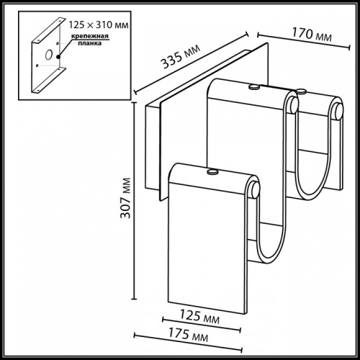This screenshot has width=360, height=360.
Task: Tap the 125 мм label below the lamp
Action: [200, 316]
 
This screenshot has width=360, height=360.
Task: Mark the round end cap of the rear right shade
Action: [337, 111]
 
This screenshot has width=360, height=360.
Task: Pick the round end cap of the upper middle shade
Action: [292, 106]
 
